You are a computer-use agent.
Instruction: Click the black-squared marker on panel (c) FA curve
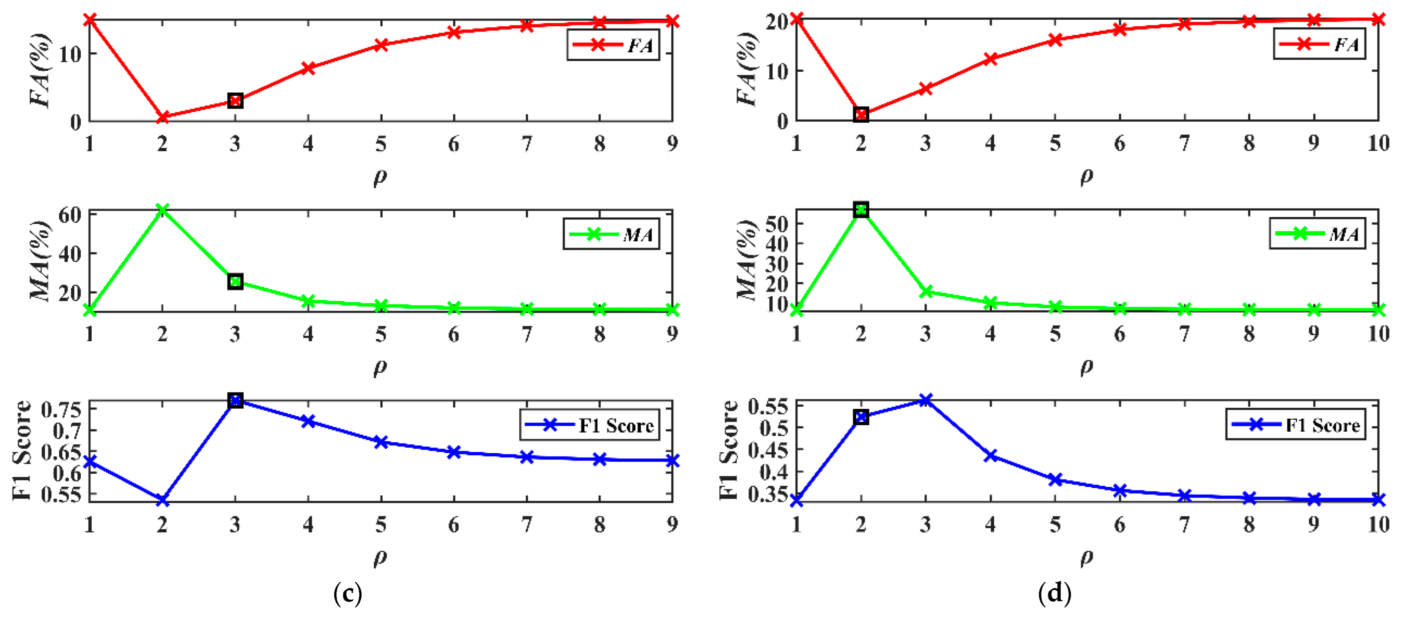pyautogui.click(x=235, y=101)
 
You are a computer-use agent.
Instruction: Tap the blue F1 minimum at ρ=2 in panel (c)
pyautogui.click(x=162, y=499)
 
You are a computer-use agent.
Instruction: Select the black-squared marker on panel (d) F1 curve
pyautogui.click(x=861, y=417)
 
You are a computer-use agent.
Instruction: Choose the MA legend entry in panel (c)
pyautogui.click(x=611, y=234)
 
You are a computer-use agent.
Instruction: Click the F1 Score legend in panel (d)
pyautogui.click(x=1296, y=425)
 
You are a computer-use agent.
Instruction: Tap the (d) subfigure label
pyautogui.click(x=1054, y=593)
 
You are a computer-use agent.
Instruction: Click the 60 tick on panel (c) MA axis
pyautogui.click(x=70, y=215)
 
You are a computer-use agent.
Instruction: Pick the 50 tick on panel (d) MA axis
pyautogui.click(x=776, y=224)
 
